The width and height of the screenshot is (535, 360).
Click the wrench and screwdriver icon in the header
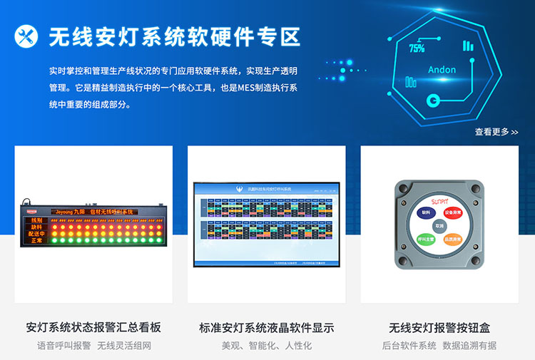pyautogui.click(x=27, y=36)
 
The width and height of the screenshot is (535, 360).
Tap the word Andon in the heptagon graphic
pyautogui.click(x=442, y=70)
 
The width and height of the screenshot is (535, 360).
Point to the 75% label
pyautogui.click(x=417, y=48)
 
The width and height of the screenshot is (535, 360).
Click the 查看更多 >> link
pyautogui.click(x=496, y=132)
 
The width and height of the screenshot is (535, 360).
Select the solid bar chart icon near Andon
pyautogui.click(x=468, y=46)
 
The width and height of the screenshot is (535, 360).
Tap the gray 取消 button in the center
pyautogui.click(x=439, y=225)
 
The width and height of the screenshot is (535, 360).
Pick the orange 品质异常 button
pyautogui.click(x=453, y=240)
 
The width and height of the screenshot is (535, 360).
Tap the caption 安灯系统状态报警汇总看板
pyautogui.click(x=93, y=328)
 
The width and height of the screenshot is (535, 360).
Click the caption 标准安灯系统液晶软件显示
pyautogui.click(x=266, y=328)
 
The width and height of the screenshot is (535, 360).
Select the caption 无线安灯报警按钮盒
pyautogui.click(x=439, y=328)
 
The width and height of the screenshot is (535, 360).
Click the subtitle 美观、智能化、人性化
pyautogui.click(x=266, y=346)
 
